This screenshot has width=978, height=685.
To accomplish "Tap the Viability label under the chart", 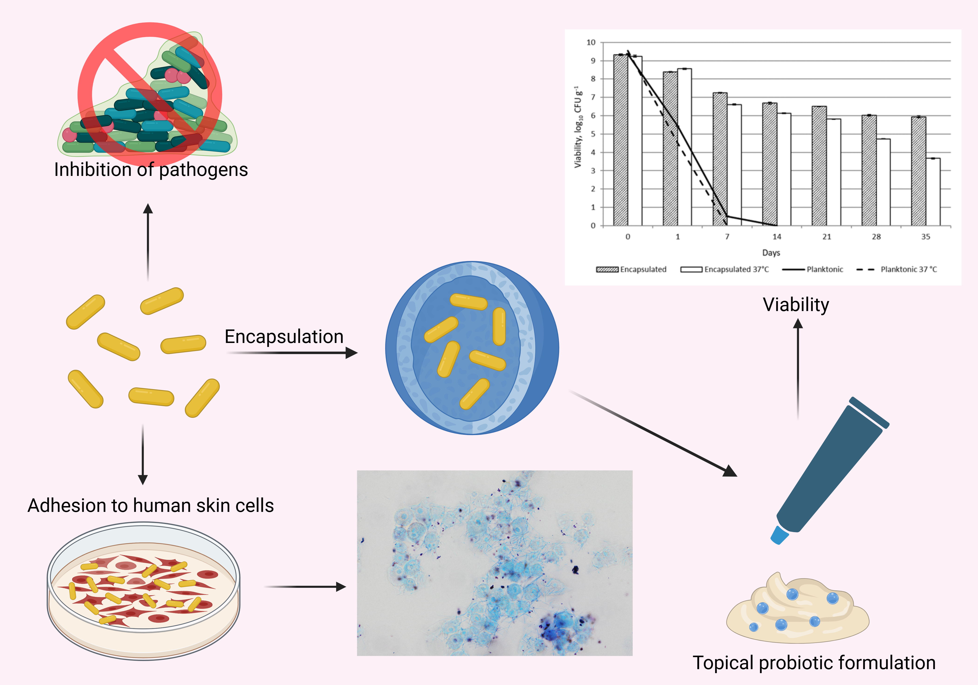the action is click(x=796, y=305).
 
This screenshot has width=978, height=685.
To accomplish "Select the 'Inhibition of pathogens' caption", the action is click(x=151, y=170).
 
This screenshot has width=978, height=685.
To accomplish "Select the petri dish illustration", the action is click(x=143, y=590).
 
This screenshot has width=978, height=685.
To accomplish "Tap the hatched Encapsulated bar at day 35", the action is click(x=918, y=171).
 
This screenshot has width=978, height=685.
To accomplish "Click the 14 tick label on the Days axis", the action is click(x=777, y=236).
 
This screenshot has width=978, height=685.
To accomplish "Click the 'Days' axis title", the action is click(x=771, y=253).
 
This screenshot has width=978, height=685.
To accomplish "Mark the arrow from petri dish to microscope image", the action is click(x=305, y=587).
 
